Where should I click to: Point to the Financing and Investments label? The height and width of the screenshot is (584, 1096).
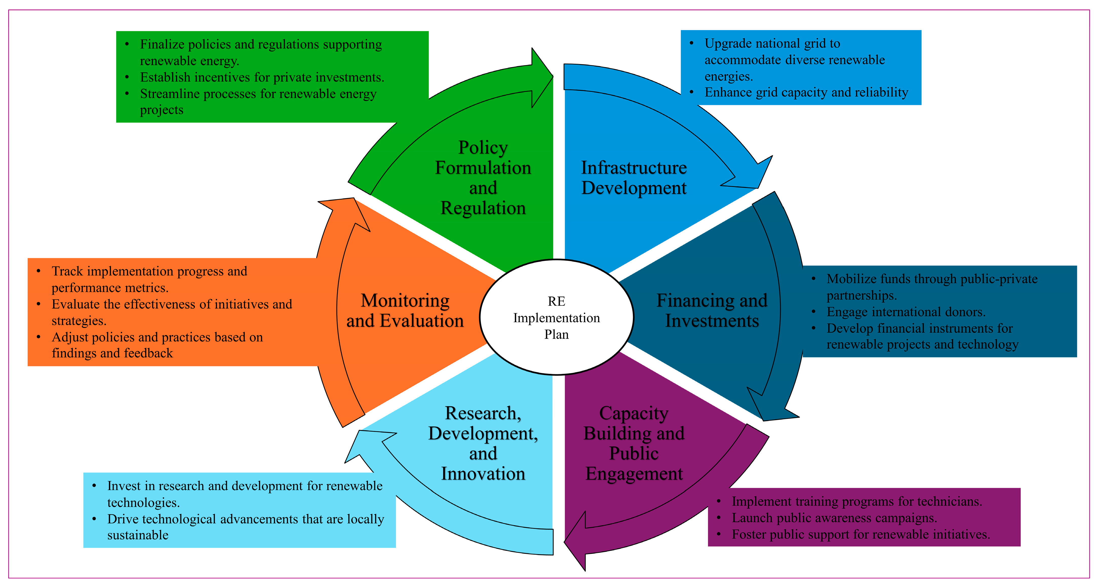(x=712, y=310)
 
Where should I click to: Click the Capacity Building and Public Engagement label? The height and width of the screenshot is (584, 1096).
(x=634, y=443)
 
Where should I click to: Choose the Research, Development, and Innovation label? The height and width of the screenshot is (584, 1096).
(x=483, y=443)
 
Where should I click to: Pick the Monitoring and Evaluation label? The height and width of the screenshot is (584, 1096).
(x=405, y=310)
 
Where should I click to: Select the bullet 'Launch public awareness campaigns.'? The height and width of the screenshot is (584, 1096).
(x=834, y=518)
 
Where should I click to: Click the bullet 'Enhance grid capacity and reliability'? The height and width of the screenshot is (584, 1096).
(x=806, y=92)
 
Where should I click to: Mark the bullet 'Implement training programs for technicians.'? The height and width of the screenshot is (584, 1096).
(x=856, y=501)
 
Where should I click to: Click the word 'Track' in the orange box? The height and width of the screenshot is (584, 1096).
(x=67, y=271)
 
